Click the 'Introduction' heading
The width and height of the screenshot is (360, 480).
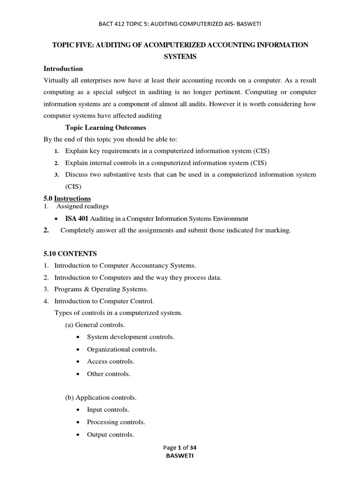(x=63, y=69)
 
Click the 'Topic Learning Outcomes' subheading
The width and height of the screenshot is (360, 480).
(x=105, y=127)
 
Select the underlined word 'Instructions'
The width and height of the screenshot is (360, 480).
(x=73, y=198)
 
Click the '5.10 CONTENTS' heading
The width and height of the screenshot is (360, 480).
(x=70, y=254)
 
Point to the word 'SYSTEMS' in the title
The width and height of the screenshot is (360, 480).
(x=180, y=56)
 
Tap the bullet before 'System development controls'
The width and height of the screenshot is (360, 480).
(x=77, y=337)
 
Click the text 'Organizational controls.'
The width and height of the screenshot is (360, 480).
(x=122, y=349)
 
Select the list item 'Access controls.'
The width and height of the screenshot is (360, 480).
(x=111, y=361)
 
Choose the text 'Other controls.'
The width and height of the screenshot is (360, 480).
(x=109, y=374)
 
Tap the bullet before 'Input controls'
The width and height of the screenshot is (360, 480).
(x=77, y=410)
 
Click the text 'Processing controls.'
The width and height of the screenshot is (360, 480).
(x=115, y=422)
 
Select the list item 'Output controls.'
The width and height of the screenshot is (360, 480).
(x=110, y=435)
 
